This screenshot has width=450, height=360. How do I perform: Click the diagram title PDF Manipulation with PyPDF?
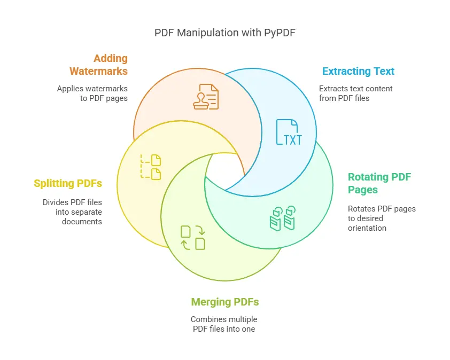tap(224, 33)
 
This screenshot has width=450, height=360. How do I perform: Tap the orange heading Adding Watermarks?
tap(98, 65)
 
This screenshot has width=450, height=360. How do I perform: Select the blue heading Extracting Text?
tap(358, 71)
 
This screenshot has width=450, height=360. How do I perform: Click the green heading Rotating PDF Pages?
tap(379, 183)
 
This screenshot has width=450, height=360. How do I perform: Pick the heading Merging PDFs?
tap(225, 302)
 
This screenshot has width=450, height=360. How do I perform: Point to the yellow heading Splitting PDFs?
tap(68, 183)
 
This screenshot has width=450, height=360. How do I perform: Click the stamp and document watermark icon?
tap(206, 97)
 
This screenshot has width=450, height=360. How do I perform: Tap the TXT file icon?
tap(289, 132)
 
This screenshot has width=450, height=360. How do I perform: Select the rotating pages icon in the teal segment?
tap(283, 218)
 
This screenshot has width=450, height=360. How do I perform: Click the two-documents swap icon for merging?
tap(193, 238)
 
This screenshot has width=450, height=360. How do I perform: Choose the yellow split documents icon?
tap(150, 167)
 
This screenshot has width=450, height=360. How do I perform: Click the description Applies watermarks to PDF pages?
tap(92, 93)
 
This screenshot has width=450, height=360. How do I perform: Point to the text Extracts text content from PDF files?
tap(355, 93)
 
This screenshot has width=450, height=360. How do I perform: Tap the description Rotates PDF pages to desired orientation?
tap(382, 218)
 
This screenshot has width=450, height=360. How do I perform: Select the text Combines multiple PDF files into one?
tap(224, 324)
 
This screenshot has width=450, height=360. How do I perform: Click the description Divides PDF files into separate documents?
tap(72, 212)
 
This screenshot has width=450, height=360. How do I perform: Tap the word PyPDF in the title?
tap(280, 33)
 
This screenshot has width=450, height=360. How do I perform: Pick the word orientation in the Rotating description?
tap(367, 228)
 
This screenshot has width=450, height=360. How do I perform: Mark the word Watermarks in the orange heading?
tap(98, 71)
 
